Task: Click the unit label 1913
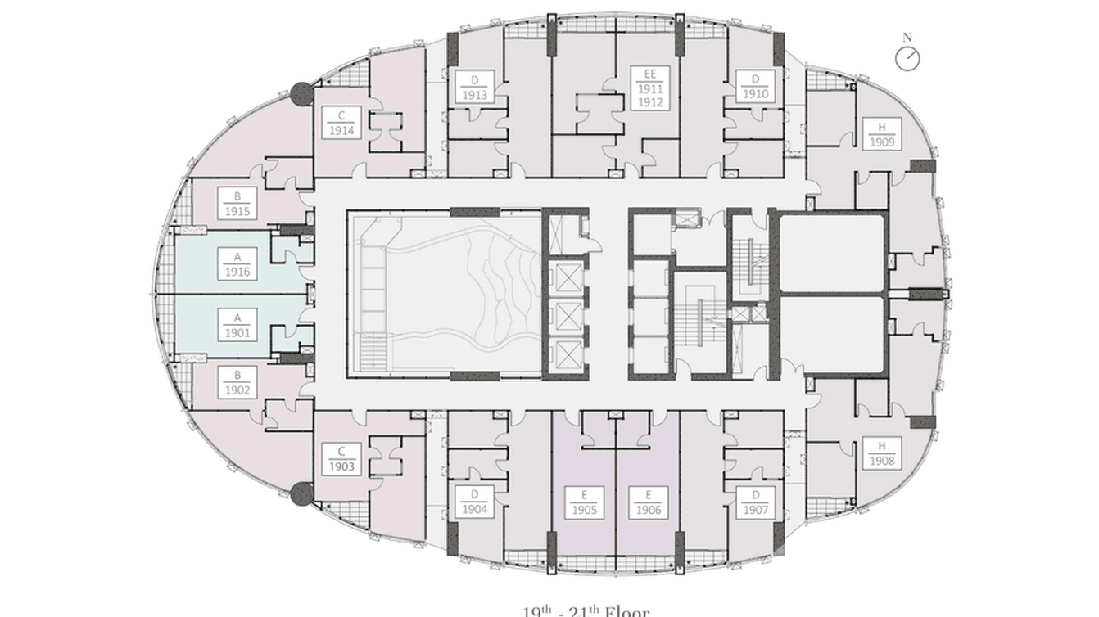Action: pos(474,87)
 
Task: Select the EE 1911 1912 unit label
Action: pos(649,88)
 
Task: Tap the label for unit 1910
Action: pos(755,87)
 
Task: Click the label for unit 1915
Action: pos(237,204)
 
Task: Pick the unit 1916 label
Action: pos(237,264)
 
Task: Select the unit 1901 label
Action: pos(237,326)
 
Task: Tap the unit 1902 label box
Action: pos(237,383)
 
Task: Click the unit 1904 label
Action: pos(474,502)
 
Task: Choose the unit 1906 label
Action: pos(648,502)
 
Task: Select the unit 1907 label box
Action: pos(755,502)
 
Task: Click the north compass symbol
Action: pos(907,58)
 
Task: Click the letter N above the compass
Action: pos(907,38)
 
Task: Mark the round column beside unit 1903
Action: pos(302,491)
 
